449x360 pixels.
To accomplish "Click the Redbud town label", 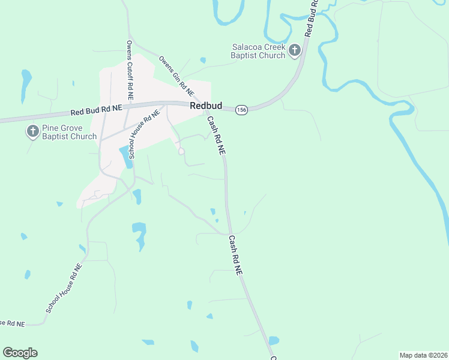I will coord(206,106).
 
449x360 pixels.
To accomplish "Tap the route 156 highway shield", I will coord(241,110).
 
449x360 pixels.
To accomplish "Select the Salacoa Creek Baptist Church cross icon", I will coord(294,50).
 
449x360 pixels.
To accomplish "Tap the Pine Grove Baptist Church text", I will coord(69,132).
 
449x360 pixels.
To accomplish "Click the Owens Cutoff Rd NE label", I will coord(130,70).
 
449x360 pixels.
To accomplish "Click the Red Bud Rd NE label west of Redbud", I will coord(96,110).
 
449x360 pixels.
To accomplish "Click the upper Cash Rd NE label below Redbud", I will coord(216,137).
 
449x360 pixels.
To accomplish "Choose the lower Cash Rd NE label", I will coord(235,255).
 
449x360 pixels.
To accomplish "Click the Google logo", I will coord(20,353).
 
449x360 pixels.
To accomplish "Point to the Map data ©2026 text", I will coord(423,355).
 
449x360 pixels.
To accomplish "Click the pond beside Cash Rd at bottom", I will coord(274,340).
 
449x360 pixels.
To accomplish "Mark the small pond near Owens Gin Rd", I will coord(203,60).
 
